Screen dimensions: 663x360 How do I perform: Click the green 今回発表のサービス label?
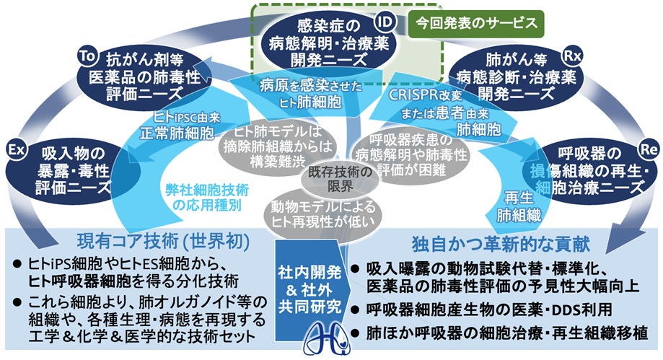coord(476,22)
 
